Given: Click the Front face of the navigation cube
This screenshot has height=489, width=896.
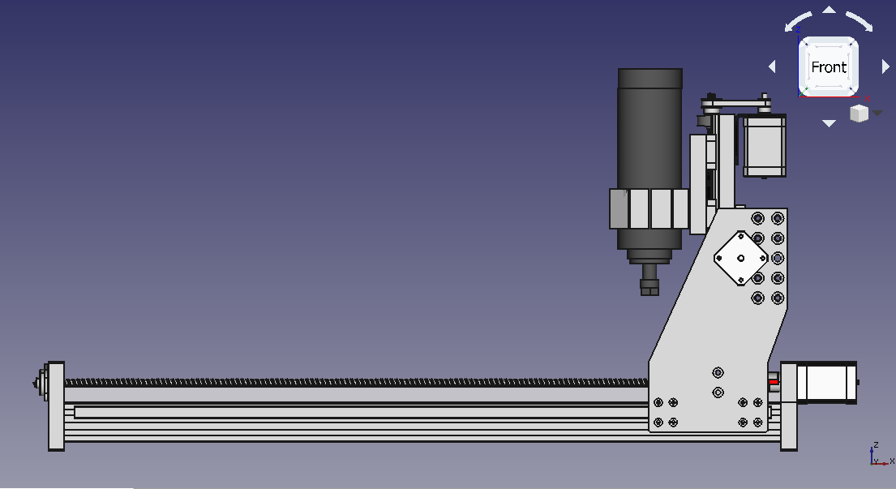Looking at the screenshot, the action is pos(828,66).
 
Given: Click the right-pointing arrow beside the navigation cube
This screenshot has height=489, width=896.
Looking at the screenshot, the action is pos(885,66).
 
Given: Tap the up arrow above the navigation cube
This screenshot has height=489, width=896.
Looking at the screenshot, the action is pos(830,10).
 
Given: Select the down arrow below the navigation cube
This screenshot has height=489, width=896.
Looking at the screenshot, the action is pos(830,122).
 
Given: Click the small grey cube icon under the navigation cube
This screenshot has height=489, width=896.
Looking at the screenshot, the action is pos(859,114).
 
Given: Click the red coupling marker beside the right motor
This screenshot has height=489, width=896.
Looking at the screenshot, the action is pos(773,382).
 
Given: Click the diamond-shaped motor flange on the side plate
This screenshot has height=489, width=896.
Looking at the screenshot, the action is pos(740,258).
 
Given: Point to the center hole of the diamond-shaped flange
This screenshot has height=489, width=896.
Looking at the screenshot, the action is pos(740,258).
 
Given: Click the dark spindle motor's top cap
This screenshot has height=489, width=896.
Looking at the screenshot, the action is pos(650,79).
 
